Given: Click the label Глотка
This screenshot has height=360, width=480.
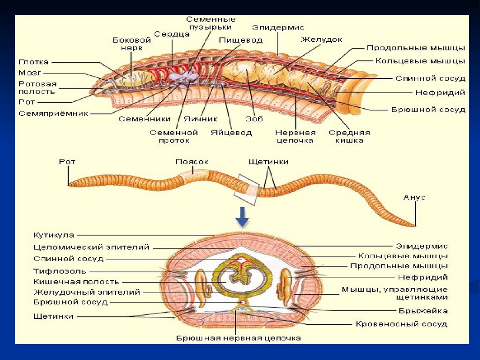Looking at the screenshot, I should tap(33, 62).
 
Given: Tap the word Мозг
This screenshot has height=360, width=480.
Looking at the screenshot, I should tap(30, 73).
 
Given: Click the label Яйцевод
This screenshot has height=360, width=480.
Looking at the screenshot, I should tap(231, 133).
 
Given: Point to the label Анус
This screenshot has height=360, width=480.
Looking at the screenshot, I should tap(414, 197).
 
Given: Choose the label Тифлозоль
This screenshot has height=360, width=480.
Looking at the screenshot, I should tap(60, 271).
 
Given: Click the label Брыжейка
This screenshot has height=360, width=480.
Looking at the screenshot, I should tap(423, 310).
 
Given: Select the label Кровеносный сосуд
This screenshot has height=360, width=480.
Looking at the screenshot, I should tap(401, 324).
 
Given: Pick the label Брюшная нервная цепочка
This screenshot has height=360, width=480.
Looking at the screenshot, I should tap(238, 337).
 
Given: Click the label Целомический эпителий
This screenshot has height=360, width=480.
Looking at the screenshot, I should tap(91, 247).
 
